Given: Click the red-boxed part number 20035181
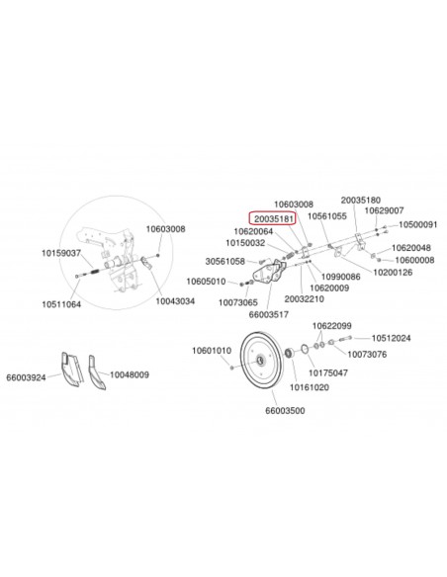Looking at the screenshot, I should tap(270, 217).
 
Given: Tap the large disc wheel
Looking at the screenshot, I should tap(261, 365).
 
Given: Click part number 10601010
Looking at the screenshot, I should tap(210, 350).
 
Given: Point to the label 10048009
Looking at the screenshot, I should tap(129, 375).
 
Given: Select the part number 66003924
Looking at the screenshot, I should tap(27, 376).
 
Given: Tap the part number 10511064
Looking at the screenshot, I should tap(61, 304).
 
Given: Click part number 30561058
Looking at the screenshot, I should tap(224, 261).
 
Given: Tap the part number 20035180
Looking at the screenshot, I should tap(361, 200).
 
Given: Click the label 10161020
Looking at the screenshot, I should tap(309, 387).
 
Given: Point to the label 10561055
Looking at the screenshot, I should tap(326, 215).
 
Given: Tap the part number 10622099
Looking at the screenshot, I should tap(332, 325).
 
